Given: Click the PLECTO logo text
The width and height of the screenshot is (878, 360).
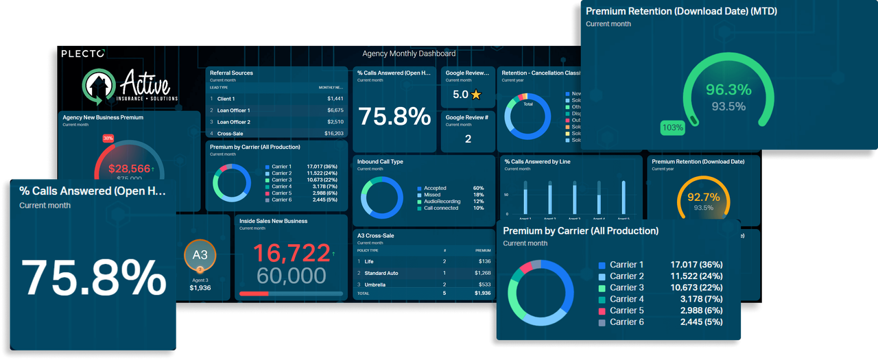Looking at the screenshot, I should coord(83,53).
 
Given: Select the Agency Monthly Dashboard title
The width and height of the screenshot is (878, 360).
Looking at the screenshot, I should coord(409,53).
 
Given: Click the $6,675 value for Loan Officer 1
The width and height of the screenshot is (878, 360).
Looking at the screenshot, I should coord(335,110).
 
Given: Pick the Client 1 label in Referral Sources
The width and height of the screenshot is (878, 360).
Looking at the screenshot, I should coord(228,99).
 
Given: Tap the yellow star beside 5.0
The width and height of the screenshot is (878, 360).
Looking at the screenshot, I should coord(476,95).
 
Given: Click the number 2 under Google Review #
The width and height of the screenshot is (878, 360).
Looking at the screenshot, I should coord(468,139).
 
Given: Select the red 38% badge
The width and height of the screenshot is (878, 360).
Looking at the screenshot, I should coord(108,138).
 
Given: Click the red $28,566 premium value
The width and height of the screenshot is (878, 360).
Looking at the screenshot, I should coord(129,169).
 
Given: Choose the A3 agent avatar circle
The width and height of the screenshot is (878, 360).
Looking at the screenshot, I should coord(200,255).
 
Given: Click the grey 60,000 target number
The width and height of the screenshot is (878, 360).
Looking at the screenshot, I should coord(292,276).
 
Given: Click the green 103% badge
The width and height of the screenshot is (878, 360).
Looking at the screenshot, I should coord(672,128).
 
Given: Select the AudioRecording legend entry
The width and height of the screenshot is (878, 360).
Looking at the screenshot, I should coord(442,202).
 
